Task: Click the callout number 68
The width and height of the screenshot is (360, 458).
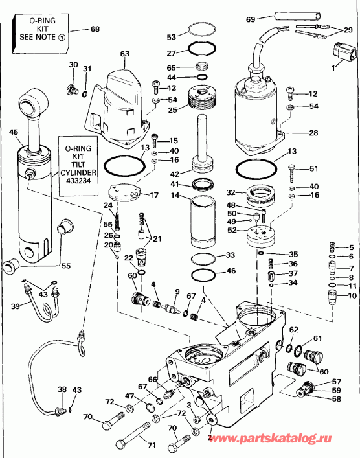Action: tap(95, 30)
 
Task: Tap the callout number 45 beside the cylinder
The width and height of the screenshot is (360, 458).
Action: tap(13, 133)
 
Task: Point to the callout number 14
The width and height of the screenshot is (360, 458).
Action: tap(175, 204)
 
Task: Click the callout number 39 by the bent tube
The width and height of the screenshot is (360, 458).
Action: tap(15, 305)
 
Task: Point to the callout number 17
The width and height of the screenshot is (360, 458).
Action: tap(153, 195)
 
